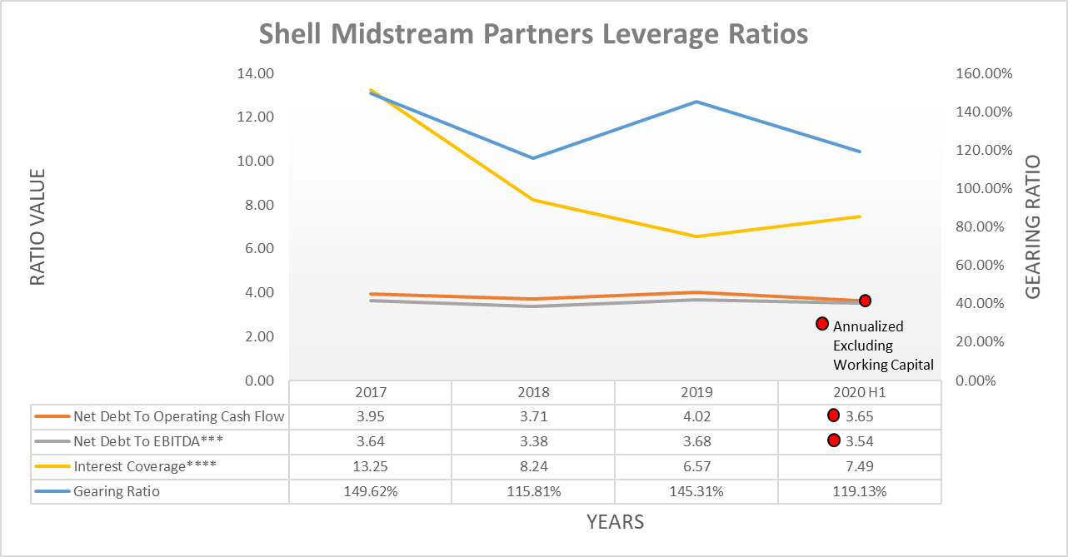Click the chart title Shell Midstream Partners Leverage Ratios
click(533, 35)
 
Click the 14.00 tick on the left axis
click(256, 73)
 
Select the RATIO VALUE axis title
click(37, 227)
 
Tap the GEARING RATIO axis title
click(1032, 227)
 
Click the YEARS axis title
click(615, 523)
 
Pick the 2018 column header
click(533, 392)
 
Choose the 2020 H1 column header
click(859, 392)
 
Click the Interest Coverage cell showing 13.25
click(370, 466)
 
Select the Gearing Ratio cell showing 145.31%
click(696, 491)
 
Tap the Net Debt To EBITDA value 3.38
click(533, 441)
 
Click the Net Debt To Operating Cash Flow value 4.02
click(696, 416)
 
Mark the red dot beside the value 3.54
click(833, 440)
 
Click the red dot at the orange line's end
click(865, 301)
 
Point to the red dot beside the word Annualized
click(821, 324)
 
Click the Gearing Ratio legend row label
click(117, 491)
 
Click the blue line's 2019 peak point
click(696, 102)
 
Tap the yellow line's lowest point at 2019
click(696, 236)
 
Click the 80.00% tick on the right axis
click(986, 226)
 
